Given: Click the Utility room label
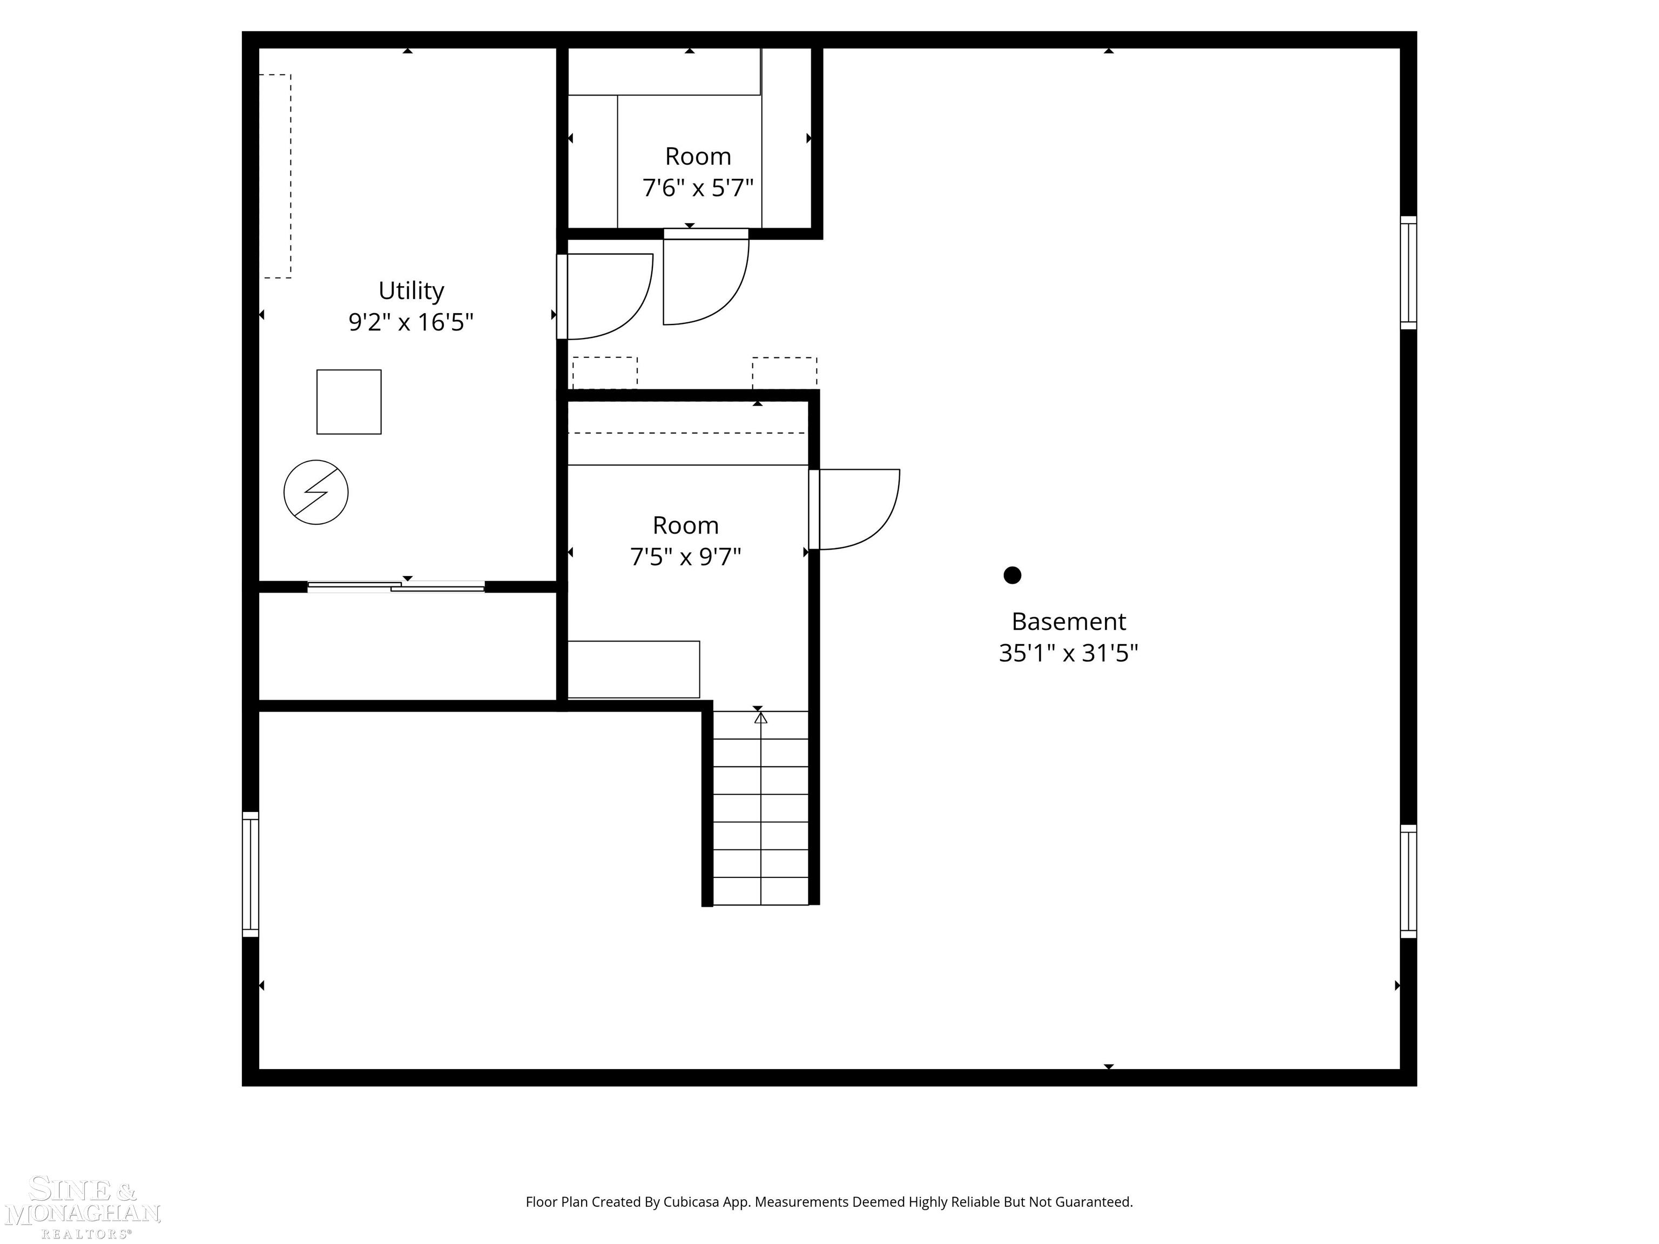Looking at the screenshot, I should click(x=411, y=290).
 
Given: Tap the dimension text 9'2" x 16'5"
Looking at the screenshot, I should click(x=411, y=322).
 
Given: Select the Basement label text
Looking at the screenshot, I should click(x=1068, y=621).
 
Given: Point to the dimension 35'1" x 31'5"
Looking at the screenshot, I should click(x=1068, y=653).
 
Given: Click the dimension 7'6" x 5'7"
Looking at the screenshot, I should click(x=698, y=187).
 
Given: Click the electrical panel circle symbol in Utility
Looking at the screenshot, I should click(x=316, y=492).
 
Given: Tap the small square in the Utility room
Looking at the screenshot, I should click(x=349, y=402).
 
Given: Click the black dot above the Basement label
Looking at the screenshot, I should click(x=1013, y=575).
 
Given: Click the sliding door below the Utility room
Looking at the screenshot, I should click(x=396, y=586).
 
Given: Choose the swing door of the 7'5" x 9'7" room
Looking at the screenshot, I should click(x=855, y=509).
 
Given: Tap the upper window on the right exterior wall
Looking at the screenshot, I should click(x=1408, y=273).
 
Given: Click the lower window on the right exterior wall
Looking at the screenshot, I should click(x=1408, y=881).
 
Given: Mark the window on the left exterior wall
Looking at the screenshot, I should click(x=251, y=874).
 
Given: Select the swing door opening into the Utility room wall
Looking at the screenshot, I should click(x=604, y=297).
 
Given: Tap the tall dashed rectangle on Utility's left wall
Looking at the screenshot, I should click(x=275, y=176).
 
